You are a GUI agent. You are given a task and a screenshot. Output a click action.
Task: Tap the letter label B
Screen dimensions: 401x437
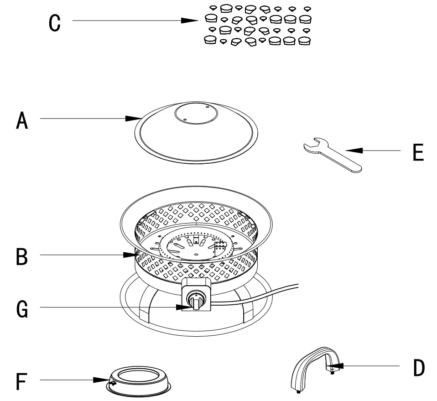tap(21, 257)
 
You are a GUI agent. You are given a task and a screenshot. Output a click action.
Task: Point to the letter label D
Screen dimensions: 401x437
tap(418, 368)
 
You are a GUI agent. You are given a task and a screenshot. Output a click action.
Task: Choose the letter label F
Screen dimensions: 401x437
tap(21, 382)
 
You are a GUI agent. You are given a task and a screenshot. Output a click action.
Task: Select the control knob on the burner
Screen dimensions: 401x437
tap(197, 302)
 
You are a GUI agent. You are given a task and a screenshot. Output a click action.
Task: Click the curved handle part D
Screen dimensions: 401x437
tap(315, 360)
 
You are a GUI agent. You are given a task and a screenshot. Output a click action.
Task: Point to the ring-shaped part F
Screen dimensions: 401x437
tap(139, 381)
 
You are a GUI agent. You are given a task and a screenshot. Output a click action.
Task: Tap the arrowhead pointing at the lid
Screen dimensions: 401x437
tap(134, 119)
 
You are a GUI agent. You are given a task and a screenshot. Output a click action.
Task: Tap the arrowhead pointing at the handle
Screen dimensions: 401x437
tap(336, 365)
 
